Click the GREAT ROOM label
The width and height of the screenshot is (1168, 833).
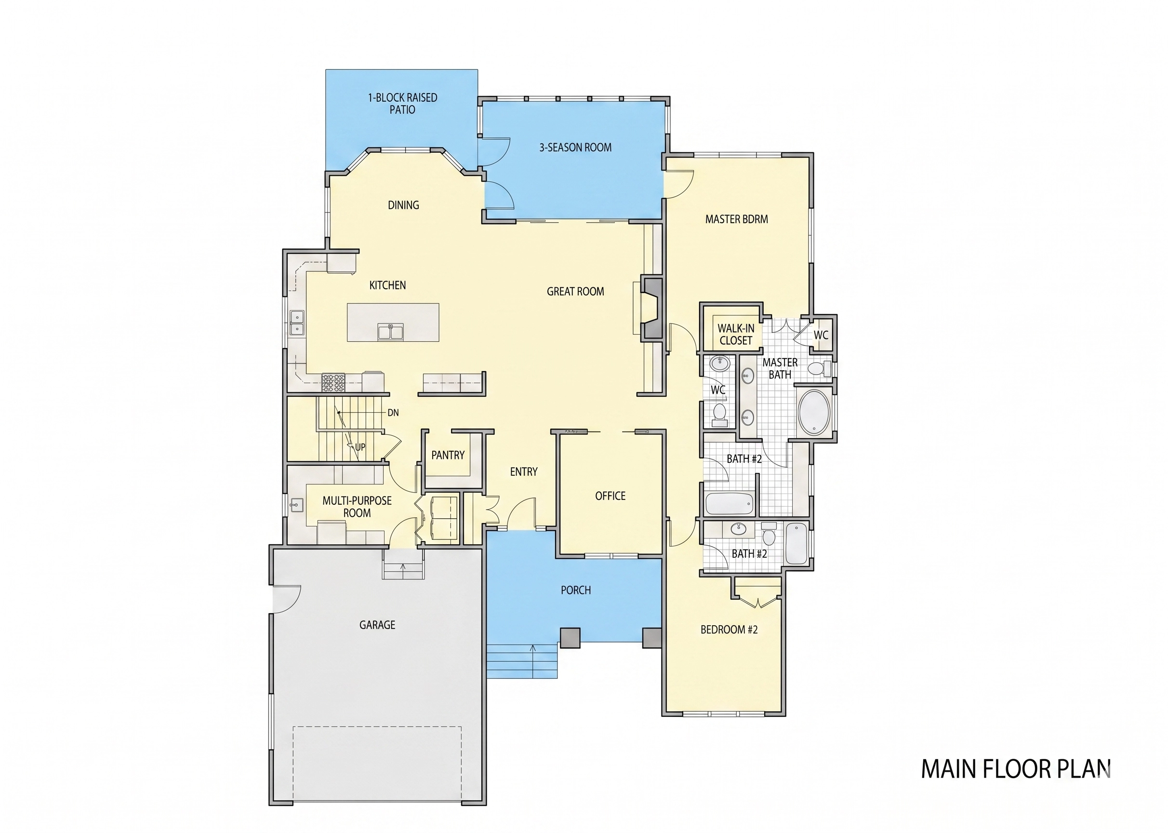[575, 291]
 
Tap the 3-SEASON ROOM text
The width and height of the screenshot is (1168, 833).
[575, 148]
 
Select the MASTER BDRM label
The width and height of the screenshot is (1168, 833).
[736, 219]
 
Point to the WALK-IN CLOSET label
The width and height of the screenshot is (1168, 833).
[736, 335]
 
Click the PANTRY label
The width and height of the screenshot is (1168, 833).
[448, 455]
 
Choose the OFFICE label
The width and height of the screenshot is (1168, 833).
[610, 496]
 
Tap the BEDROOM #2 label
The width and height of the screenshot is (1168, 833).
[729, 630]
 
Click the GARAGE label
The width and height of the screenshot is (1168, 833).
[377, 625]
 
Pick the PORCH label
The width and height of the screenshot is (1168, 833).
[576, 591]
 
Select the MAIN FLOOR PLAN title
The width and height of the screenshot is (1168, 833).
[1016, 769]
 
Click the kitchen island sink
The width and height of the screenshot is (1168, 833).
[391, 332]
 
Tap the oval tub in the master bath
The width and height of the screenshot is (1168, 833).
[814, 412]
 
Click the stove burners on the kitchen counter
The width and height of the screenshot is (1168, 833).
[333, 382]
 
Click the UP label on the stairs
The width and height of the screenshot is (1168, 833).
[360, 447]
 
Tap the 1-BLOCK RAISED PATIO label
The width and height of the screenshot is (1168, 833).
[402, 104]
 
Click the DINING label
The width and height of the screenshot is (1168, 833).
[403, 205]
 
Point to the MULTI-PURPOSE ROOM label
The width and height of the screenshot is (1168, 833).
[357, 507]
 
